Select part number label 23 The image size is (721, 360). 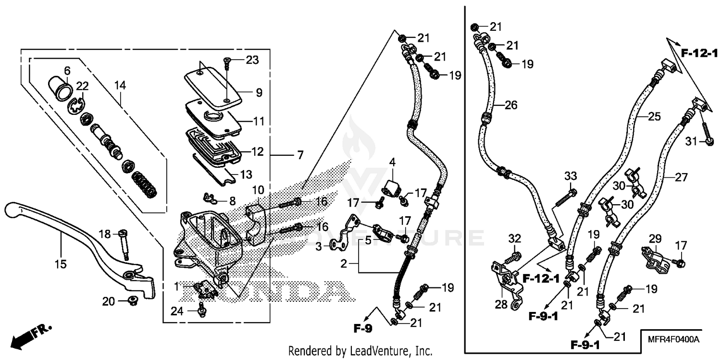tap(252, 60)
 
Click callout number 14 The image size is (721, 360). tap(120, 86)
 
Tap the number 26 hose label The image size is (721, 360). tap(510, 105)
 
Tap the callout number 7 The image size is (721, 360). tap(299, 155)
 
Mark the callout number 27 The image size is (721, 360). tap(681, 177)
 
